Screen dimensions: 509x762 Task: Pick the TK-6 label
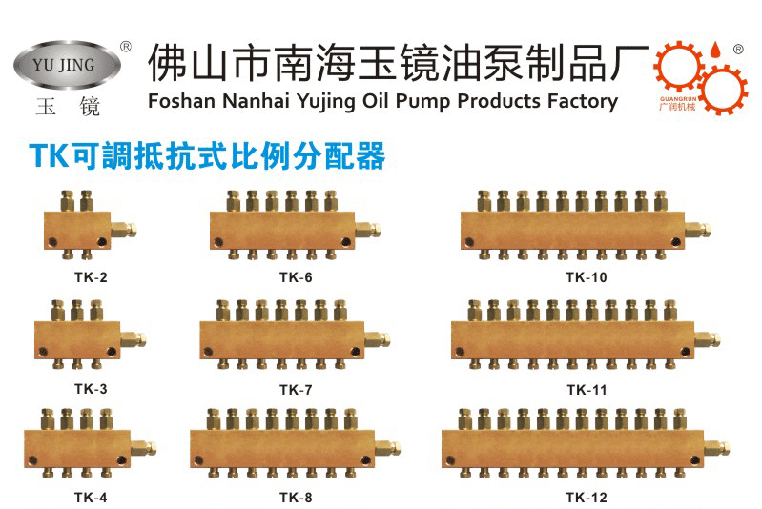click(296, 278)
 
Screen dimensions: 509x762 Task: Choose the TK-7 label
click(296, 388)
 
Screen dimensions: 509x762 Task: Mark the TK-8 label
click(296, 497)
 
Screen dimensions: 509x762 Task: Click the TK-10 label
click(586, 278)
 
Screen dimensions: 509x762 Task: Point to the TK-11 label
click(586, 388)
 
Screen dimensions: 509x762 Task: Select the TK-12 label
click(586, 497)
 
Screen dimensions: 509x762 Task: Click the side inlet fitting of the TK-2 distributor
click(124, 230)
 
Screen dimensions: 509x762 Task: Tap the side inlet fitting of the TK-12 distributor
click(716, 447)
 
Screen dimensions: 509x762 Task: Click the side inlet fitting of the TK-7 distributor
click(382, 338)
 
